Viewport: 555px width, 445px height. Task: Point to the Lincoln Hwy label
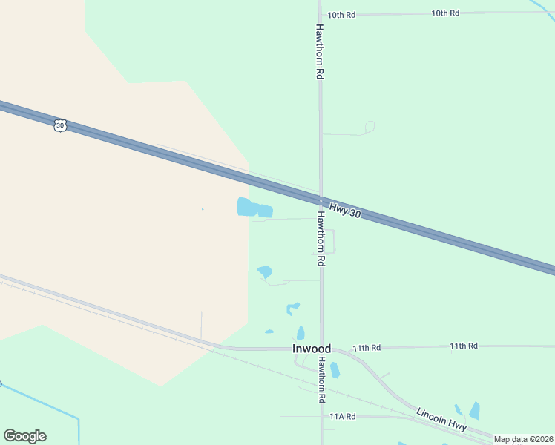[x=441, y=421]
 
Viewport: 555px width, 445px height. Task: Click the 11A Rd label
[x=343, y=417]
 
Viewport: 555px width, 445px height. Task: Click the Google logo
[x=24, y=436]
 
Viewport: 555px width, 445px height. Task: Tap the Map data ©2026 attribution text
[x=523, y=439]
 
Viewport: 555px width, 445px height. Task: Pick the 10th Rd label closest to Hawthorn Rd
[x=342, y=14]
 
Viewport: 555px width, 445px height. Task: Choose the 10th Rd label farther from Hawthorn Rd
[x=445, y=13]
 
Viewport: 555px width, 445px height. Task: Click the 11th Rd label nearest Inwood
[x=367, y=347]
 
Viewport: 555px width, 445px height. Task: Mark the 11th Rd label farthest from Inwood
[x=463, y=346]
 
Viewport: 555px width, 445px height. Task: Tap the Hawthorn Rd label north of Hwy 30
[x=320, y=52]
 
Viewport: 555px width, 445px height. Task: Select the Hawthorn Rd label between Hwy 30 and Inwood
[x=321, y=239]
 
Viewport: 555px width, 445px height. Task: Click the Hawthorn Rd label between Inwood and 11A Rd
[x=322, y=379]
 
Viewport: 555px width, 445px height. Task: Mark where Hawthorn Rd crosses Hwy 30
[x=321, y=201]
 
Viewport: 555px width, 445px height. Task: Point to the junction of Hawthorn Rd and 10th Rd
[x=320, y=14]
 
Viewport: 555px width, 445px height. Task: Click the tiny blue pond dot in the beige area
[x=202, y=209]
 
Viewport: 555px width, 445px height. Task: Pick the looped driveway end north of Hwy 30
[x=370, y=127]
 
